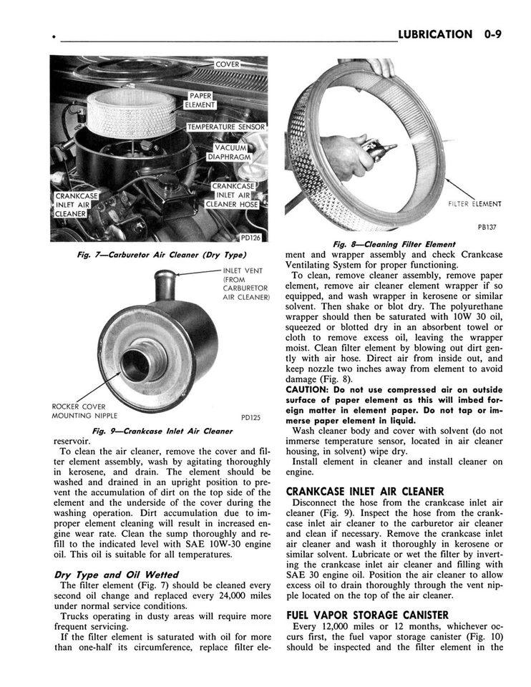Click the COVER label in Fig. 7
227,64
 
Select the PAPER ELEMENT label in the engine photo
200,100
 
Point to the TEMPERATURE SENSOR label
226,127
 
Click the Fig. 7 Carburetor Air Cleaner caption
161,255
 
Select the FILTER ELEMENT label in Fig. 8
474,204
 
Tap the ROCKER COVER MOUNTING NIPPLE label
85,411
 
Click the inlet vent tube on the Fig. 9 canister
165,284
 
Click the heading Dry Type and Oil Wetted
116,574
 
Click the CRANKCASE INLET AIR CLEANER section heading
365,492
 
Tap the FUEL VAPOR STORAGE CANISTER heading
367,614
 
